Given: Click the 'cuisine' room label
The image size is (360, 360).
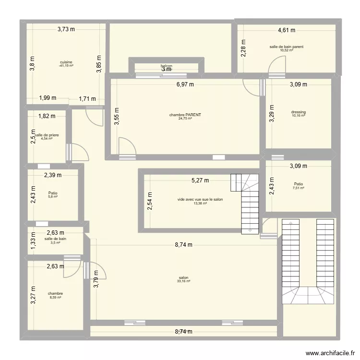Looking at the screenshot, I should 67,62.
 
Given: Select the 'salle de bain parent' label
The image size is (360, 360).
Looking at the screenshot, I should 287,47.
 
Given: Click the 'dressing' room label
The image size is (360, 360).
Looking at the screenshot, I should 298,112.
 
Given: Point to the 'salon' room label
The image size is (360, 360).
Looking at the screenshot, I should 183,277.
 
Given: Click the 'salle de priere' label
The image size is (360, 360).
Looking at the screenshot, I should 47,135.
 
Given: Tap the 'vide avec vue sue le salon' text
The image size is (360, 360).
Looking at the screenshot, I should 200,199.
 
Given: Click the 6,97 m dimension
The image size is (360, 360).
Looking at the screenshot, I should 185,84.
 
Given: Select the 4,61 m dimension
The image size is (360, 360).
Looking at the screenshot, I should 287,31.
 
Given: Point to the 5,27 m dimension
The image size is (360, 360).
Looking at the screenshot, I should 200,181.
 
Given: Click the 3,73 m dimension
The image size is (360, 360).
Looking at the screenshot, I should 66,29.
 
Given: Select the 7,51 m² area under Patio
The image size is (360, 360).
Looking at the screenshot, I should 299,188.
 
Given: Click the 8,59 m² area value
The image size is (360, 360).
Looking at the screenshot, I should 56,298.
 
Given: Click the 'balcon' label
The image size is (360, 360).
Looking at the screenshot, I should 167,66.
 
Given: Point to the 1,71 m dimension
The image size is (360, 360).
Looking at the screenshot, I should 87,99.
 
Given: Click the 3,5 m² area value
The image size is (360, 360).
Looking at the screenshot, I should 55,242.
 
